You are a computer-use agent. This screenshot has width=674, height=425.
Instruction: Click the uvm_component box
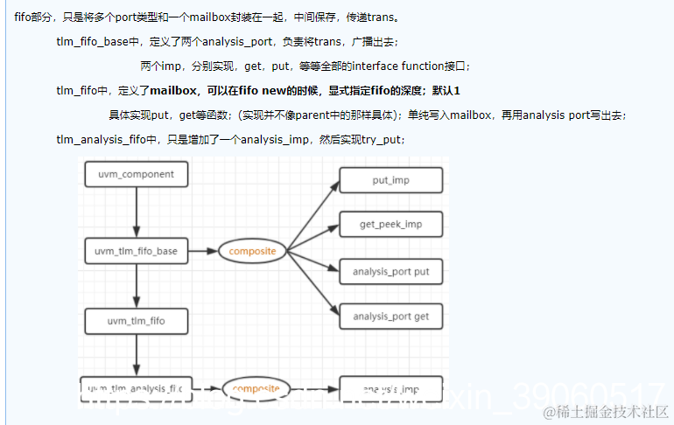[135, 174]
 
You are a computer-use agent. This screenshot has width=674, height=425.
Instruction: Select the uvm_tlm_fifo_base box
[135, 251]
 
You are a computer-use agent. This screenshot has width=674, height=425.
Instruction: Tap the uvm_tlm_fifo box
[136, 321]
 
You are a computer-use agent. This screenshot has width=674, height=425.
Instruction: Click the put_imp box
[390, 181]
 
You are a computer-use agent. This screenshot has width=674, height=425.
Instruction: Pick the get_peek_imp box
[390, 225]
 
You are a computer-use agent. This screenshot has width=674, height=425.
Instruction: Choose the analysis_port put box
[390, 272]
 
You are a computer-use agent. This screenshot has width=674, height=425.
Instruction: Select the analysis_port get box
[390, 317]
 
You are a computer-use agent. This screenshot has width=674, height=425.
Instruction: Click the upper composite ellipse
[252, 251]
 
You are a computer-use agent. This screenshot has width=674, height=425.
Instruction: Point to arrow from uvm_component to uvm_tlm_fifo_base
[137, 210]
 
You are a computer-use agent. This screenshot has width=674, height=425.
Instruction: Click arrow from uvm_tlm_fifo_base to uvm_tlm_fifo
[137, 286]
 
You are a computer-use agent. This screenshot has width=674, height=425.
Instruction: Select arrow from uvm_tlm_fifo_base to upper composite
[202, 251]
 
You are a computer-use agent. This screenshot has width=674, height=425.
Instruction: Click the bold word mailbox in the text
[173, 90]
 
